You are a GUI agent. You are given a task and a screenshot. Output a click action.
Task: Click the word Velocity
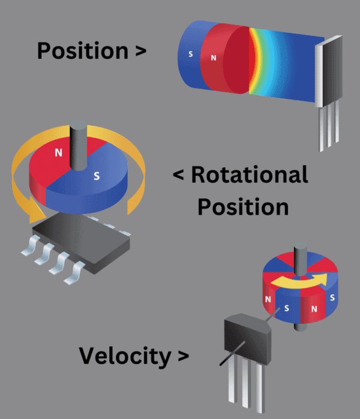(125, 356)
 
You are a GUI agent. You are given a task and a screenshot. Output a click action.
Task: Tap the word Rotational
(248, 175)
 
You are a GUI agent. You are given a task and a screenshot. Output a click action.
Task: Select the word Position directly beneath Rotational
(243, 206)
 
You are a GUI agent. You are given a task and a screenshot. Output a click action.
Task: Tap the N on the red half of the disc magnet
(58, 152)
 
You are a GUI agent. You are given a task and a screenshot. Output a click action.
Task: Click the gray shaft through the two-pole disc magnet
(79, 144)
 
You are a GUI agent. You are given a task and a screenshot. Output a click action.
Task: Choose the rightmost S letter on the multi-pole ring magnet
(332, 297)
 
